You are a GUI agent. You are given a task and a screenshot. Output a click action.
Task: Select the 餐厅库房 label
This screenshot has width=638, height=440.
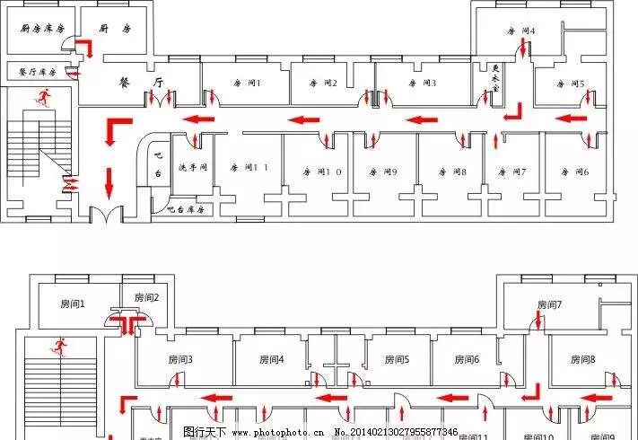coord(37,71)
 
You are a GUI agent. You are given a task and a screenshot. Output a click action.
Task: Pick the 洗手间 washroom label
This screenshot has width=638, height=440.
coord(193,167)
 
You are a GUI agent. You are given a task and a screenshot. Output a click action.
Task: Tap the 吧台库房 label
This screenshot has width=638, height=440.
coord(186,209)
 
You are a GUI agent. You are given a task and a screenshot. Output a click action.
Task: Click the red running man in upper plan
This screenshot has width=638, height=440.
coord(41,97)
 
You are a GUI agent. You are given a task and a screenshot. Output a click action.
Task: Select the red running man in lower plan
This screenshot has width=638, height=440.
coord(61,346)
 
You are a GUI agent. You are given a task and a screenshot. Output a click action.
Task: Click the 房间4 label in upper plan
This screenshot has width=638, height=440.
coord(521,31)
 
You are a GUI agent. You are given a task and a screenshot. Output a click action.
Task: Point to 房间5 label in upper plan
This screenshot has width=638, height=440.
coord(569,84)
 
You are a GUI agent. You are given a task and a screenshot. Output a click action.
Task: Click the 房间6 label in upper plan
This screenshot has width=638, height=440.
coord(573,171)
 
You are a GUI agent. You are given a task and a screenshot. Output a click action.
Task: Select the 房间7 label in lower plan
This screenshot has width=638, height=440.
coord(548,305)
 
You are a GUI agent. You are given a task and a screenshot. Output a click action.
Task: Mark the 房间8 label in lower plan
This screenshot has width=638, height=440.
coord(582,359)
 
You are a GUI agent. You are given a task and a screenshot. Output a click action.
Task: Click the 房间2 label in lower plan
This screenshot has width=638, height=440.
coord(146,297)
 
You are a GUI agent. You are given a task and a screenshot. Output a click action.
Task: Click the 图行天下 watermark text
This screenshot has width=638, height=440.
coord(205,432)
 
